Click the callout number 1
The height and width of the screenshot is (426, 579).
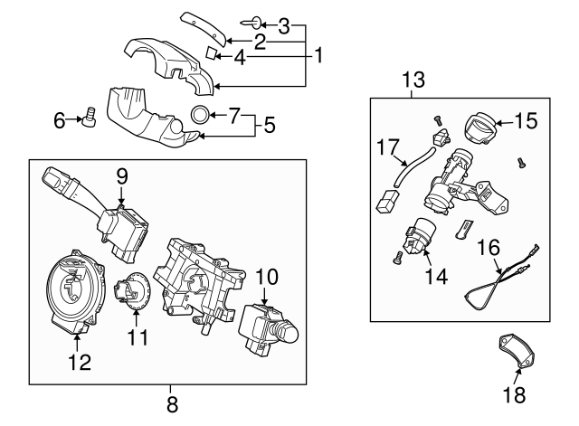point(318,55)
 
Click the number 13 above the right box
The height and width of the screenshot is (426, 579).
point(413,81)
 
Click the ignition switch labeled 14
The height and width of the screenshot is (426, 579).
point(422,237)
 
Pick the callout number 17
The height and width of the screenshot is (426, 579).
point(387,145)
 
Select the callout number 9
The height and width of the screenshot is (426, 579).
point(119,175)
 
